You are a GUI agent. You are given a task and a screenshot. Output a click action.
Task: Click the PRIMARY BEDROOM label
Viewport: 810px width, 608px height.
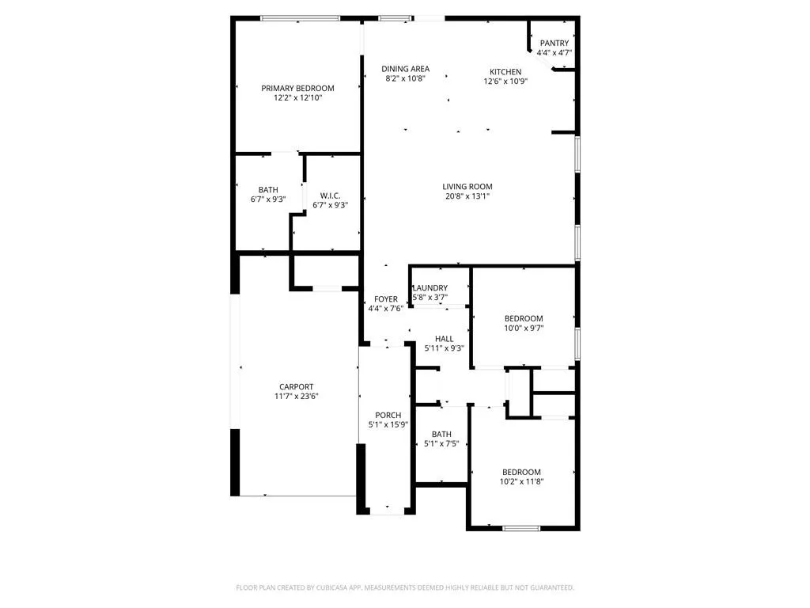point(297,89)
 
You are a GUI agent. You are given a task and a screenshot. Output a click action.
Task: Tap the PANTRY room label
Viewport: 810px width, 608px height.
point(555,43)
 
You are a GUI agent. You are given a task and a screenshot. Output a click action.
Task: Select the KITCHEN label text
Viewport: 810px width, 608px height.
point(505,72)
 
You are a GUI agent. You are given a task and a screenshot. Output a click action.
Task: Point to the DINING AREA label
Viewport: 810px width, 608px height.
point(406,69)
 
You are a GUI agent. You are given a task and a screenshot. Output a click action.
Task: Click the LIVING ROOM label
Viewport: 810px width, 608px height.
point(467,187)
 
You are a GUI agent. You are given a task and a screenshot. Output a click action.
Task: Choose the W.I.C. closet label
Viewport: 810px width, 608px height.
point(330,196)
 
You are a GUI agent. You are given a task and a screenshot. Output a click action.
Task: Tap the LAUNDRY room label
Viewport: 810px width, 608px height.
point(430,288)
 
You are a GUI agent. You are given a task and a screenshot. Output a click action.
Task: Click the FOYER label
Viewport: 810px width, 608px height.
point(386,299)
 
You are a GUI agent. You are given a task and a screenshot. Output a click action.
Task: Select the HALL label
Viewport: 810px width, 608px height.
point(445,339)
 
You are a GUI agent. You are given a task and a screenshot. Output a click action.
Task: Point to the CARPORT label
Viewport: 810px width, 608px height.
point(297,386)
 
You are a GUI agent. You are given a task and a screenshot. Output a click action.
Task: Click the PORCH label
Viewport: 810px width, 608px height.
point(388,415)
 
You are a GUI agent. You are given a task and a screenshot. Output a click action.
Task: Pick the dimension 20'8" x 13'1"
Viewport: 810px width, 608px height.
point(467,196)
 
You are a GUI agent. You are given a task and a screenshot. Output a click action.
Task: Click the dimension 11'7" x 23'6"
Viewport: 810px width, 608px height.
point(297,396)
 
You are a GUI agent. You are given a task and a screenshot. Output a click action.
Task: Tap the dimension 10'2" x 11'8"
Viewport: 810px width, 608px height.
point(522,481)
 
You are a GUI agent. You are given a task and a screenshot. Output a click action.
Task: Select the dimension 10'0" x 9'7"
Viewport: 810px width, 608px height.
point(524,328)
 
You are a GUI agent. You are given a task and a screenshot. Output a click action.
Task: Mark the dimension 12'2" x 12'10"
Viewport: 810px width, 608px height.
point(297,97)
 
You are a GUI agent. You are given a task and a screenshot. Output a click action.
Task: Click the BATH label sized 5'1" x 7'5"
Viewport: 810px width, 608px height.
point(441,435)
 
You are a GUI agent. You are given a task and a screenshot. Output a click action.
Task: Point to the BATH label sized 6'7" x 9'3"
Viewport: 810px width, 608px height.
point(268,190)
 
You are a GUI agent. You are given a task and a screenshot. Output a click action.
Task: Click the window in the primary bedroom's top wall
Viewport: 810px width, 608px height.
point(300,18)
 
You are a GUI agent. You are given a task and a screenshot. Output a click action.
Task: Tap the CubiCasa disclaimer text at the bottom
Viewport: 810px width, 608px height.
point(405,588)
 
